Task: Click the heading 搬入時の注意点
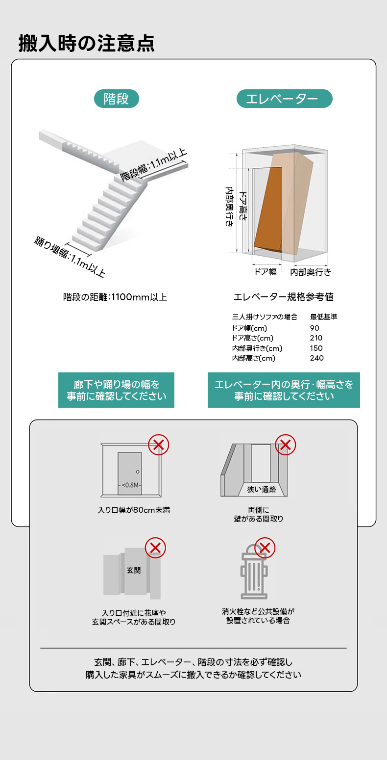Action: tap(87, 43)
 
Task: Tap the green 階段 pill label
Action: tap(116, 99)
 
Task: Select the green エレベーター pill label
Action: tap(284, 99)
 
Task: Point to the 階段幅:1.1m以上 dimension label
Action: tap(153, 165)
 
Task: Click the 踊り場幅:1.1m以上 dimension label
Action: tap(70, 257)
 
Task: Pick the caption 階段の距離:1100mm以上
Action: tap(115, 297)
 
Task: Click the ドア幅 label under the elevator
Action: tap(266, 272)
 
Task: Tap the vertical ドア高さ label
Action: tap(243, 206)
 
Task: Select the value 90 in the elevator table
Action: tap(314, 328)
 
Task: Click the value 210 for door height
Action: tap(316, 338)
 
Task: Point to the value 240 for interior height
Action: tap(316, 358)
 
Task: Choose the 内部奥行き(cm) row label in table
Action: tap(257, 348)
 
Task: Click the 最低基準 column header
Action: tap(324, 317)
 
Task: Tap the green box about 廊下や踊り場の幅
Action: tap(116, 390)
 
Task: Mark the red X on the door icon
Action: tap(159, 445)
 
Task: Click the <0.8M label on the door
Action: tap(130, 485)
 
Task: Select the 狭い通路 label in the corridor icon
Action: tap(262, 489)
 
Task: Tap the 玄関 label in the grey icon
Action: tap(134, 570)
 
